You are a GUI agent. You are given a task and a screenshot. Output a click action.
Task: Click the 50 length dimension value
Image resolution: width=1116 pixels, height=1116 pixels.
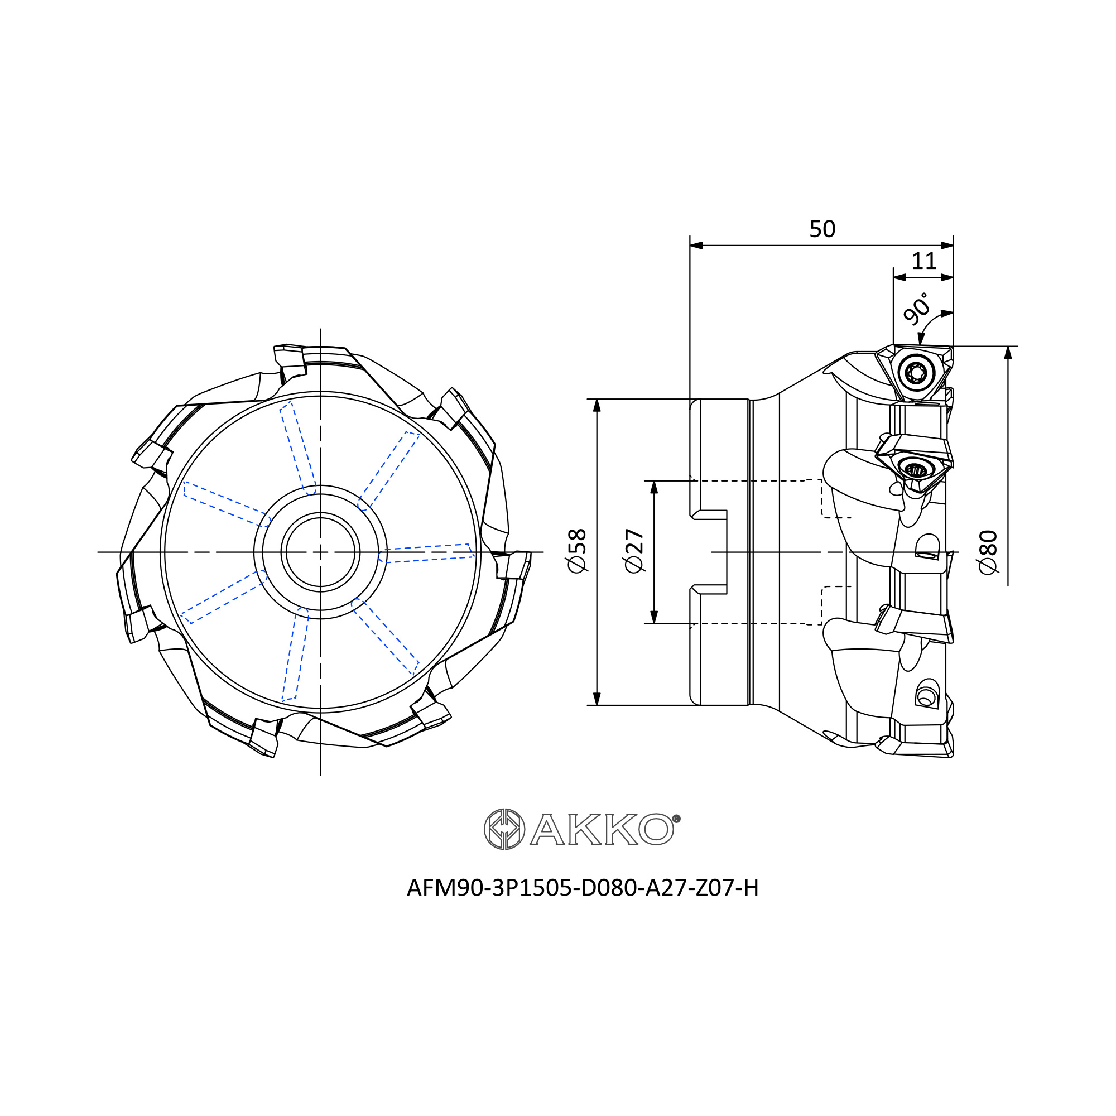click(x=822, y=229)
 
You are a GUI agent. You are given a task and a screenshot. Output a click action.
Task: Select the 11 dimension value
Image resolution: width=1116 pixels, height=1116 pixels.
click(x=923, y=261)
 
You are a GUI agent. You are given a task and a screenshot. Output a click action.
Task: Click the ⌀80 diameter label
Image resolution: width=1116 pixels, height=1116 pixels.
click(x=988, y=552)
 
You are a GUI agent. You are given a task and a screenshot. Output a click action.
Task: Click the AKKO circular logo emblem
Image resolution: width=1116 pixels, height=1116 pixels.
click(x=504, y=830)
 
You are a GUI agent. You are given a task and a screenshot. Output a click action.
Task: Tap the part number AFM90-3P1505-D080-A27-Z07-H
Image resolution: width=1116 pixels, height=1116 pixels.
click(x=582, y=888)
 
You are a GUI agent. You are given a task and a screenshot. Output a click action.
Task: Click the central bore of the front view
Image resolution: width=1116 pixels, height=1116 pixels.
click(x=321, y=552)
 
